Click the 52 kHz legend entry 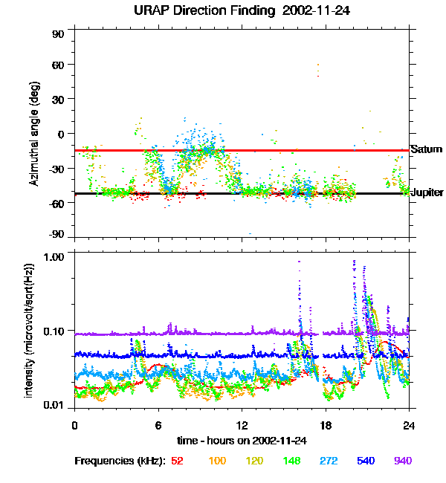[177, 461]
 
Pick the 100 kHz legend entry [217, 461]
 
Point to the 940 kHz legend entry [402, 461]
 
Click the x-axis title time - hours [242, 441]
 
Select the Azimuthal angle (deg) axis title [34, 134]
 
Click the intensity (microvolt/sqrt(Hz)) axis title [30, 329]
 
